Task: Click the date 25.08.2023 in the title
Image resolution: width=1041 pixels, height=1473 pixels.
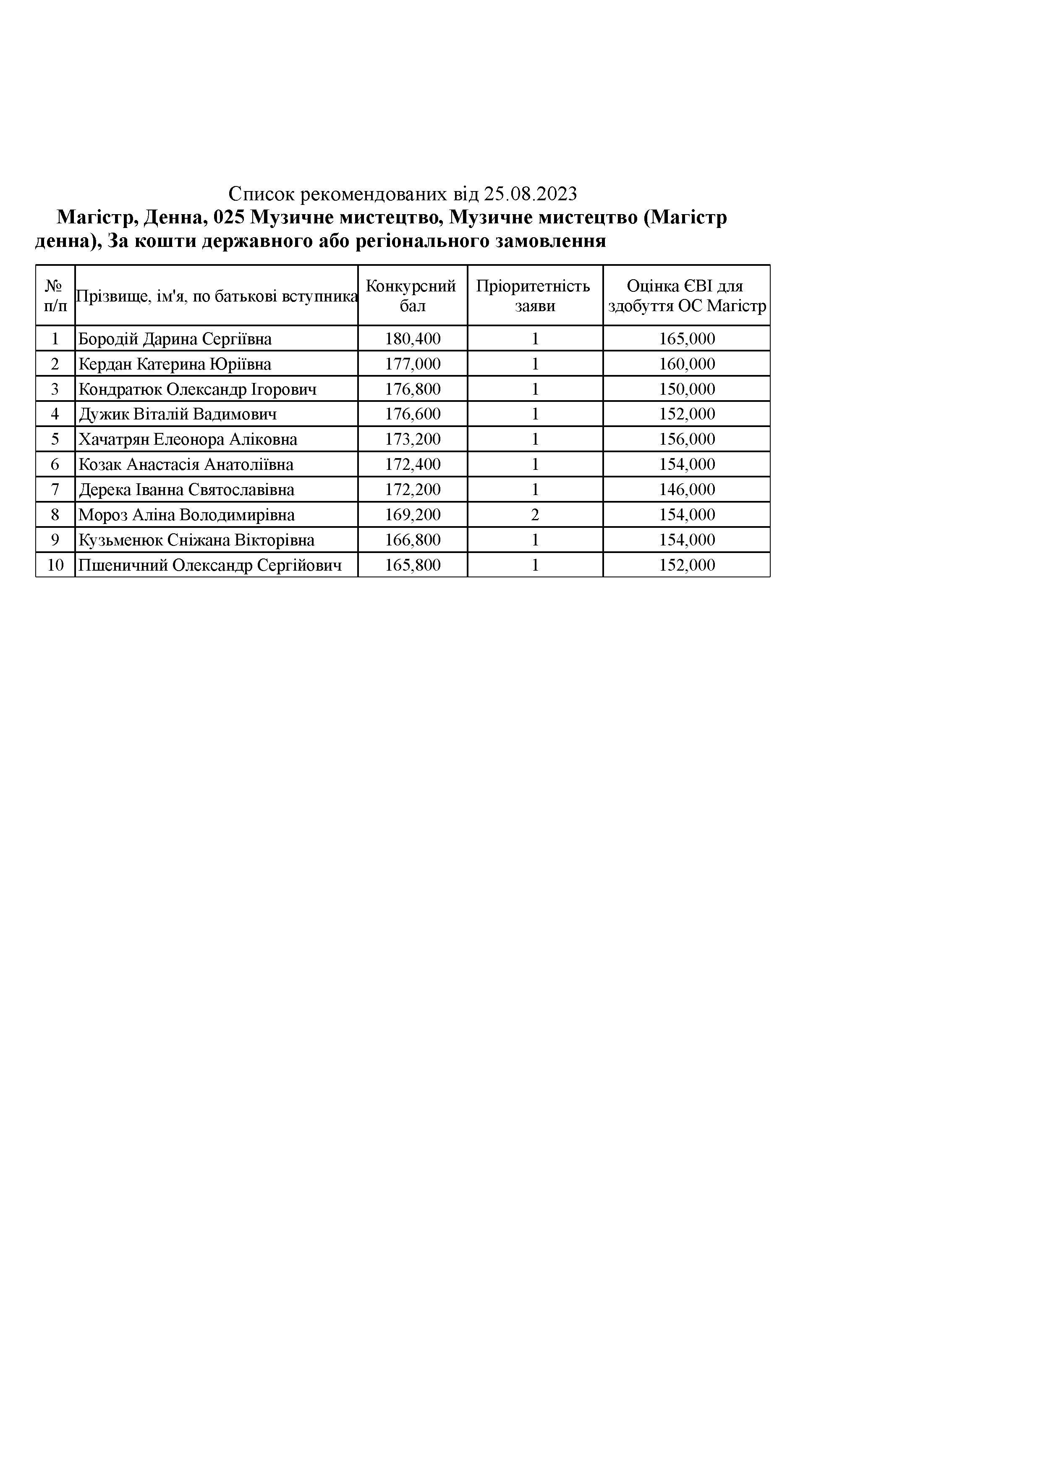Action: pos(531,194)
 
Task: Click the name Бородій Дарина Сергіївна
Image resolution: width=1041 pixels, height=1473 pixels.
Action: pos(175,339)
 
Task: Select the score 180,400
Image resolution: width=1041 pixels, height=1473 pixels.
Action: pos(413,339)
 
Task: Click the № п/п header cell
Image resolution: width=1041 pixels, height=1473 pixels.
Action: pos(55,296)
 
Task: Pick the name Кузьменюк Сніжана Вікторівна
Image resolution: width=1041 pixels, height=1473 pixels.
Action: pos(196,540)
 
